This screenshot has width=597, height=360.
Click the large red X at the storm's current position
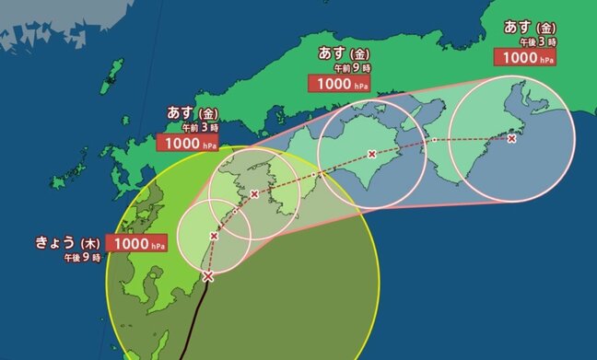coord(207,275)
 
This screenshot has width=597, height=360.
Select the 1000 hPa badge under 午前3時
coord(188,143)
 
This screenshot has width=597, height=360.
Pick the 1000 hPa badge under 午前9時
coord(339,83)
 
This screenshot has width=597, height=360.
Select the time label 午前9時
coord(353,67)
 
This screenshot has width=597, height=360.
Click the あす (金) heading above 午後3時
coord(530,26)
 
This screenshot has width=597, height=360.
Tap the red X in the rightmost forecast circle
coord(511,138)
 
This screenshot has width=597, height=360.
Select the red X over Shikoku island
coord(371,154)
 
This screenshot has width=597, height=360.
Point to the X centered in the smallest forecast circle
coord(214,237)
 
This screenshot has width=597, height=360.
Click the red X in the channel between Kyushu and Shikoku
coord(253,193)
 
